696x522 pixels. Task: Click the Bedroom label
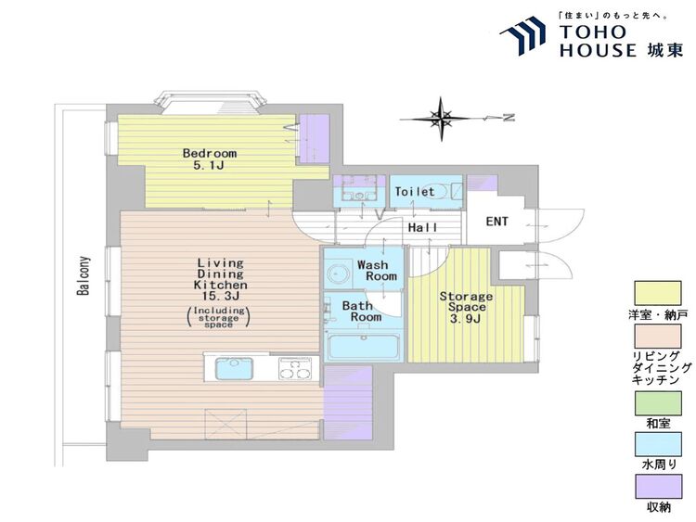click(x=210, y=154)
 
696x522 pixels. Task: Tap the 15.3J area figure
click(x=221, y=297)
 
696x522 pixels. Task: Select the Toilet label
click(x=415, y=192)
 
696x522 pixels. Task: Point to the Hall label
click(x=422, y=227)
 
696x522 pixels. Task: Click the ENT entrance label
click(x=496, y=222)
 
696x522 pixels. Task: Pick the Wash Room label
click(x=377, y=271)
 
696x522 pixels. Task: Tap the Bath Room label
click(x=361, y=311)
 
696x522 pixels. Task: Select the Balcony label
click(x=83, y=275)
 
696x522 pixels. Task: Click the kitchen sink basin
click(x=234, y=369)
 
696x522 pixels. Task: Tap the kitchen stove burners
click(x=294, y=368)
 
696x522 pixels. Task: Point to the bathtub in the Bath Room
click(x=363, y=348)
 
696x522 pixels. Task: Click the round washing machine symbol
click(x=338, y=274)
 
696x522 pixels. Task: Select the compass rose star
click(x=441, y=119)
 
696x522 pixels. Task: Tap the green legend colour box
click(x=658, y=403)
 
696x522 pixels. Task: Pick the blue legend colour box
click(x=658, y=445)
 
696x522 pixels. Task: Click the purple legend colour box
click(x=658, y=487)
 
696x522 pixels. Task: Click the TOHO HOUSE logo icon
click(x=522, y=36)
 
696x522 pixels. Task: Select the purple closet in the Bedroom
click(x=315, y=139)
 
